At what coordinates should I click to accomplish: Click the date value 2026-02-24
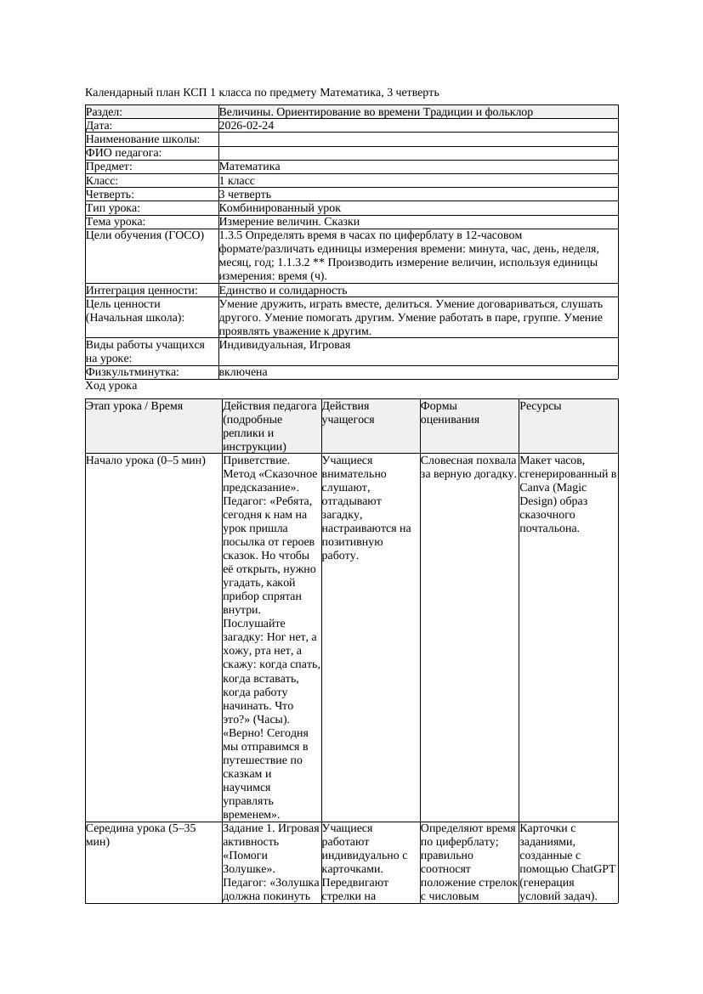(x=247, y=126)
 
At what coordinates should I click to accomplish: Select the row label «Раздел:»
(x=105, y=112)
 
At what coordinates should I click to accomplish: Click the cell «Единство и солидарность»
(x=283, y=291)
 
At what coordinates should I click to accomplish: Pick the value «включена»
(x=243, y=372)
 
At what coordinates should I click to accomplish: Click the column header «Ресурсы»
(x=541, y=406)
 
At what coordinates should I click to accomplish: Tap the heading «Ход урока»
(x=111, y=386)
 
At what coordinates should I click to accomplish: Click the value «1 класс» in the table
(x=237, y=181)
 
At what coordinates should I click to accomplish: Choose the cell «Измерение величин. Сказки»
(x=289, y=222)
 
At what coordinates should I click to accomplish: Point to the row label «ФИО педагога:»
(x=124, y=153)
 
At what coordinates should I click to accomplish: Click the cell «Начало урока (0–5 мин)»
(x=146, y=460)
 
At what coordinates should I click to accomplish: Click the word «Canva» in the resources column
(x=534, y=488)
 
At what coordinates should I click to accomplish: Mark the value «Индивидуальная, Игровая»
(x=285, y=345)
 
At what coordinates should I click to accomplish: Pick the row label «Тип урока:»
(x=113, y=208)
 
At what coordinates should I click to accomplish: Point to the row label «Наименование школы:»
(x=143, y=139)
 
